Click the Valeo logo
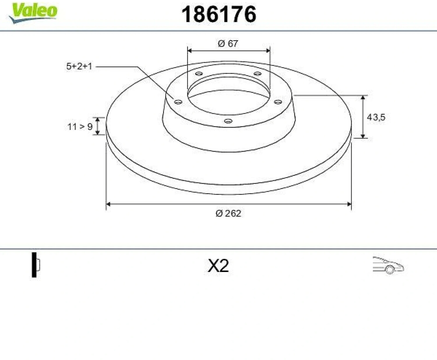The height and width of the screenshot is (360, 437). coord(33,13)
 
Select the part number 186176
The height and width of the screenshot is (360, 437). coord(218,14)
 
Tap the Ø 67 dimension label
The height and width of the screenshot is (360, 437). coord(228,43)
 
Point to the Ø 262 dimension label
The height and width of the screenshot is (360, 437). coord(228,213)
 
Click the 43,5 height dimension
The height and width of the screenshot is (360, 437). coord(376,117)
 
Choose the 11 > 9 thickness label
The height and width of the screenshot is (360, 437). coord(80,127)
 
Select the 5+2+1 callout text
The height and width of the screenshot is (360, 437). coord(79,66)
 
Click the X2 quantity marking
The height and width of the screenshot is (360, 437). coord(218,266)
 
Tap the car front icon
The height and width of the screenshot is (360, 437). coord(388,265)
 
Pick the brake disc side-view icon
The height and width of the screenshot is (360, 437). coord(36,265)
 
